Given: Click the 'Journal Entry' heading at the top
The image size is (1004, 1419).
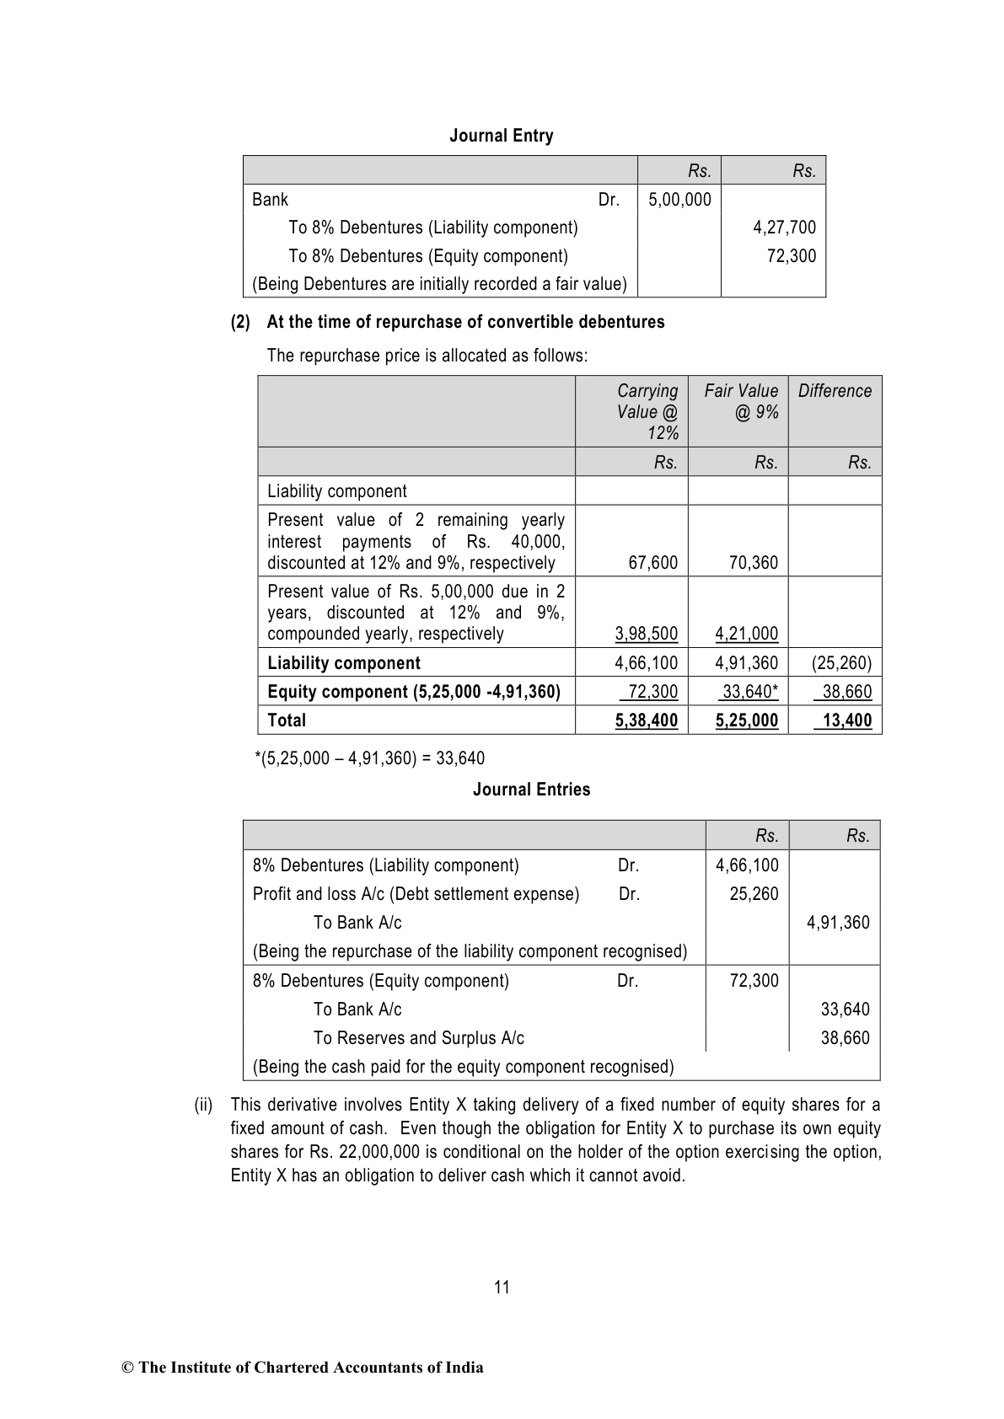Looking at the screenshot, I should point(501,136).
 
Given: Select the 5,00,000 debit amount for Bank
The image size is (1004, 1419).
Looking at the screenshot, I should point(679,200).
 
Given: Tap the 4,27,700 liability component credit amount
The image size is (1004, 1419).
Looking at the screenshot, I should point(784,228).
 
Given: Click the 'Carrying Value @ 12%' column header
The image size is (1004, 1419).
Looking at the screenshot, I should point(647,411).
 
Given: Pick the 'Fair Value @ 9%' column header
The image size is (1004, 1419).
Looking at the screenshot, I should point(741,401).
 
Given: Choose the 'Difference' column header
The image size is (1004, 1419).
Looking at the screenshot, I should point(835,391).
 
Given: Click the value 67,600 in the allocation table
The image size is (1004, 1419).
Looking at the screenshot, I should point(652,563).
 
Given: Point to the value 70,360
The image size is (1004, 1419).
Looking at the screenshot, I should point(753,563).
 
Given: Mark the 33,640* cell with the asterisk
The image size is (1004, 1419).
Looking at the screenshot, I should point(749,692).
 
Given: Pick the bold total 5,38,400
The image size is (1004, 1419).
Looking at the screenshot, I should point(647,720).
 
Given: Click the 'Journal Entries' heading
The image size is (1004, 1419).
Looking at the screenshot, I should point(531,790).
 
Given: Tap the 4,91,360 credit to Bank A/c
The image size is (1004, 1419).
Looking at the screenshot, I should point(838,923).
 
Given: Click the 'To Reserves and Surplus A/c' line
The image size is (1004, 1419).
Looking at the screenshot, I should point(418,1038).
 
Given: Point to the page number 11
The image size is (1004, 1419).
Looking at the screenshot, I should point(502,1287).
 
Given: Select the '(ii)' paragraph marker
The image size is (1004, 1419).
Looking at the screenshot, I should point(204,1105).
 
